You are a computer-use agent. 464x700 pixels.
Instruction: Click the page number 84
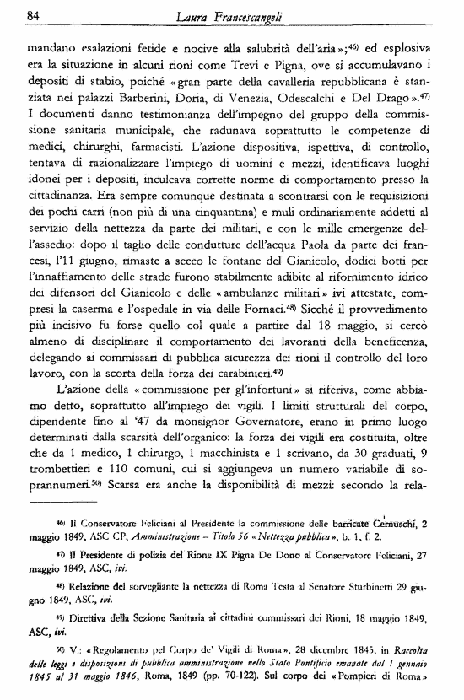click(x=35, y=14)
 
